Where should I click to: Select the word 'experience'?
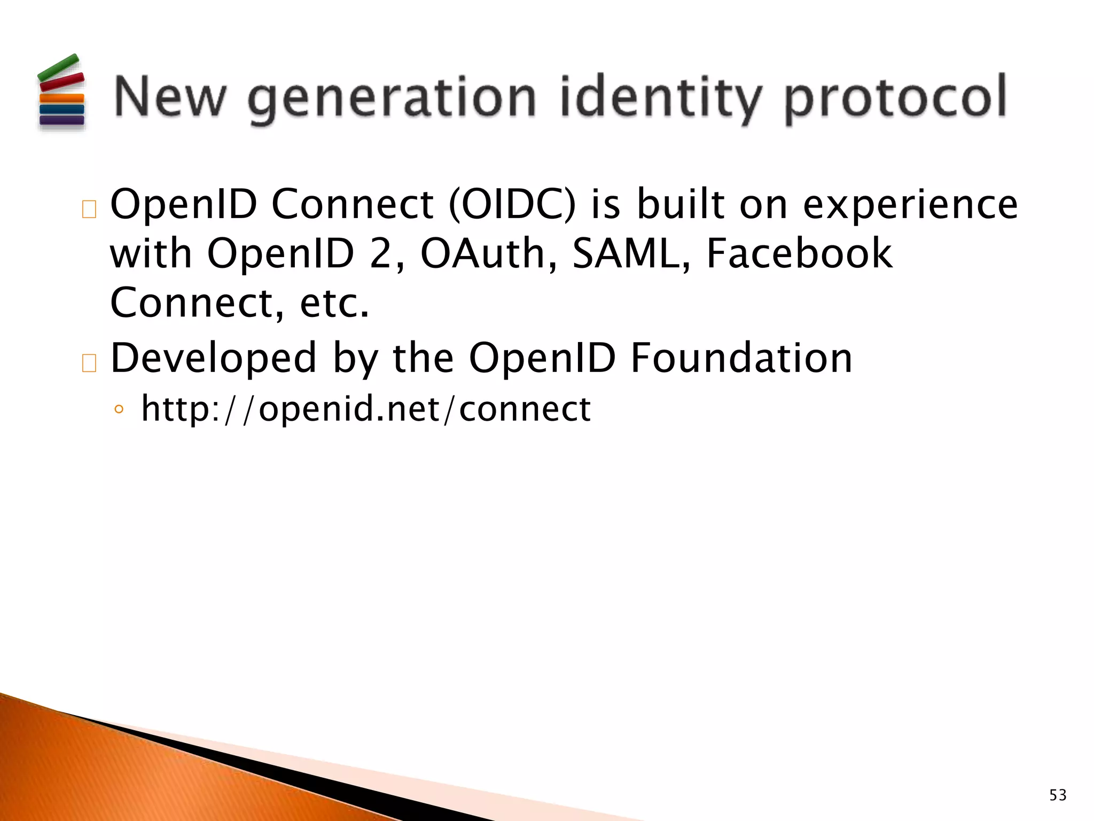tap(911, 205)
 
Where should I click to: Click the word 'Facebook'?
tap(799, 253)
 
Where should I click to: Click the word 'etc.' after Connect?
tap(334, 303)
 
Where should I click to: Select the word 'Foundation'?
tap(741, 358)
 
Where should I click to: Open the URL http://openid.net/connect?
tap(366, 409)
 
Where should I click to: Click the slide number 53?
tap(1058, 795)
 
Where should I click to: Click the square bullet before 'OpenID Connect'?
tap(89, 210)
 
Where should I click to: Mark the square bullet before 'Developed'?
tap(89, 363)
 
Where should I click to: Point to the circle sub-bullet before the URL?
tap(119, 410)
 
